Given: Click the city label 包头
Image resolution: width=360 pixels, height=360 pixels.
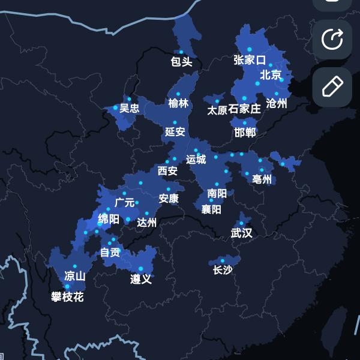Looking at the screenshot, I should (181, 61).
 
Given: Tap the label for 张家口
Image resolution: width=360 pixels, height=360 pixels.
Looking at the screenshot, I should (250, 60).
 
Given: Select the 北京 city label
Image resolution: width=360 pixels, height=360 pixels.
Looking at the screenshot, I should (271, 75).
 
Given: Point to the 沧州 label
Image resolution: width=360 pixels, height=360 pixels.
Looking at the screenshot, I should (277, 103).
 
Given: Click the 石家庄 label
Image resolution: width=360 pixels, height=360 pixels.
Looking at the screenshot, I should (246, 109).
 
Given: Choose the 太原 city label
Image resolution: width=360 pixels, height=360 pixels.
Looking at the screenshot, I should (217, 110).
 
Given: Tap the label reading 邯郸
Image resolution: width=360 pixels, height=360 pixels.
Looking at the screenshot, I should (245, 132).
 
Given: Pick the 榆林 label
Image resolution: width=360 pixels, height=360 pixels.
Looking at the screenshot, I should (179, 103).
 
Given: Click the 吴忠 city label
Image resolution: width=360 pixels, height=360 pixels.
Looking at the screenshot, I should (129, 108).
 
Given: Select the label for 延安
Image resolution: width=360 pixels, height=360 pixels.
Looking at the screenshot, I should (175, 131).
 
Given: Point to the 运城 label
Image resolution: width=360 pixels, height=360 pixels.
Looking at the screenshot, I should (196, 159).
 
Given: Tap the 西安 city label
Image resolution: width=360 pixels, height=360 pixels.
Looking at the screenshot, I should (167, 171).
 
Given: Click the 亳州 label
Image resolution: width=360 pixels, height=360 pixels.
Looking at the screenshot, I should (262, 179).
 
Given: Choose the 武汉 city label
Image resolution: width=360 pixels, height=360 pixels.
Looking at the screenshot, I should (241, 233).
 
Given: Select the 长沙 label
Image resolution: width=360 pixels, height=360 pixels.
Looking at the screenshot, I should (223, 270).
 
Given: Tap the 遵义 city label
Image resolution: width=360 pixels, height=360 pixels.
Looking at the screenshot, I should (141, 279).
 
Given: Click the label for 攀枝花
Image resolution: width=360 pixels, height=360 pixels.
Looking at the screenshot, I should (67, 296).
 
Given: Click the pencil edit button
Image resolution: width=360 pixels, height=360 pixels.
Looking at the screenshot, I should (332, 87).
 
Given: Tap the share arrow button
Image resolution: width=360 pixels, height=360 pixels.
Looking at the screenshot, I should (332, 40).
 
